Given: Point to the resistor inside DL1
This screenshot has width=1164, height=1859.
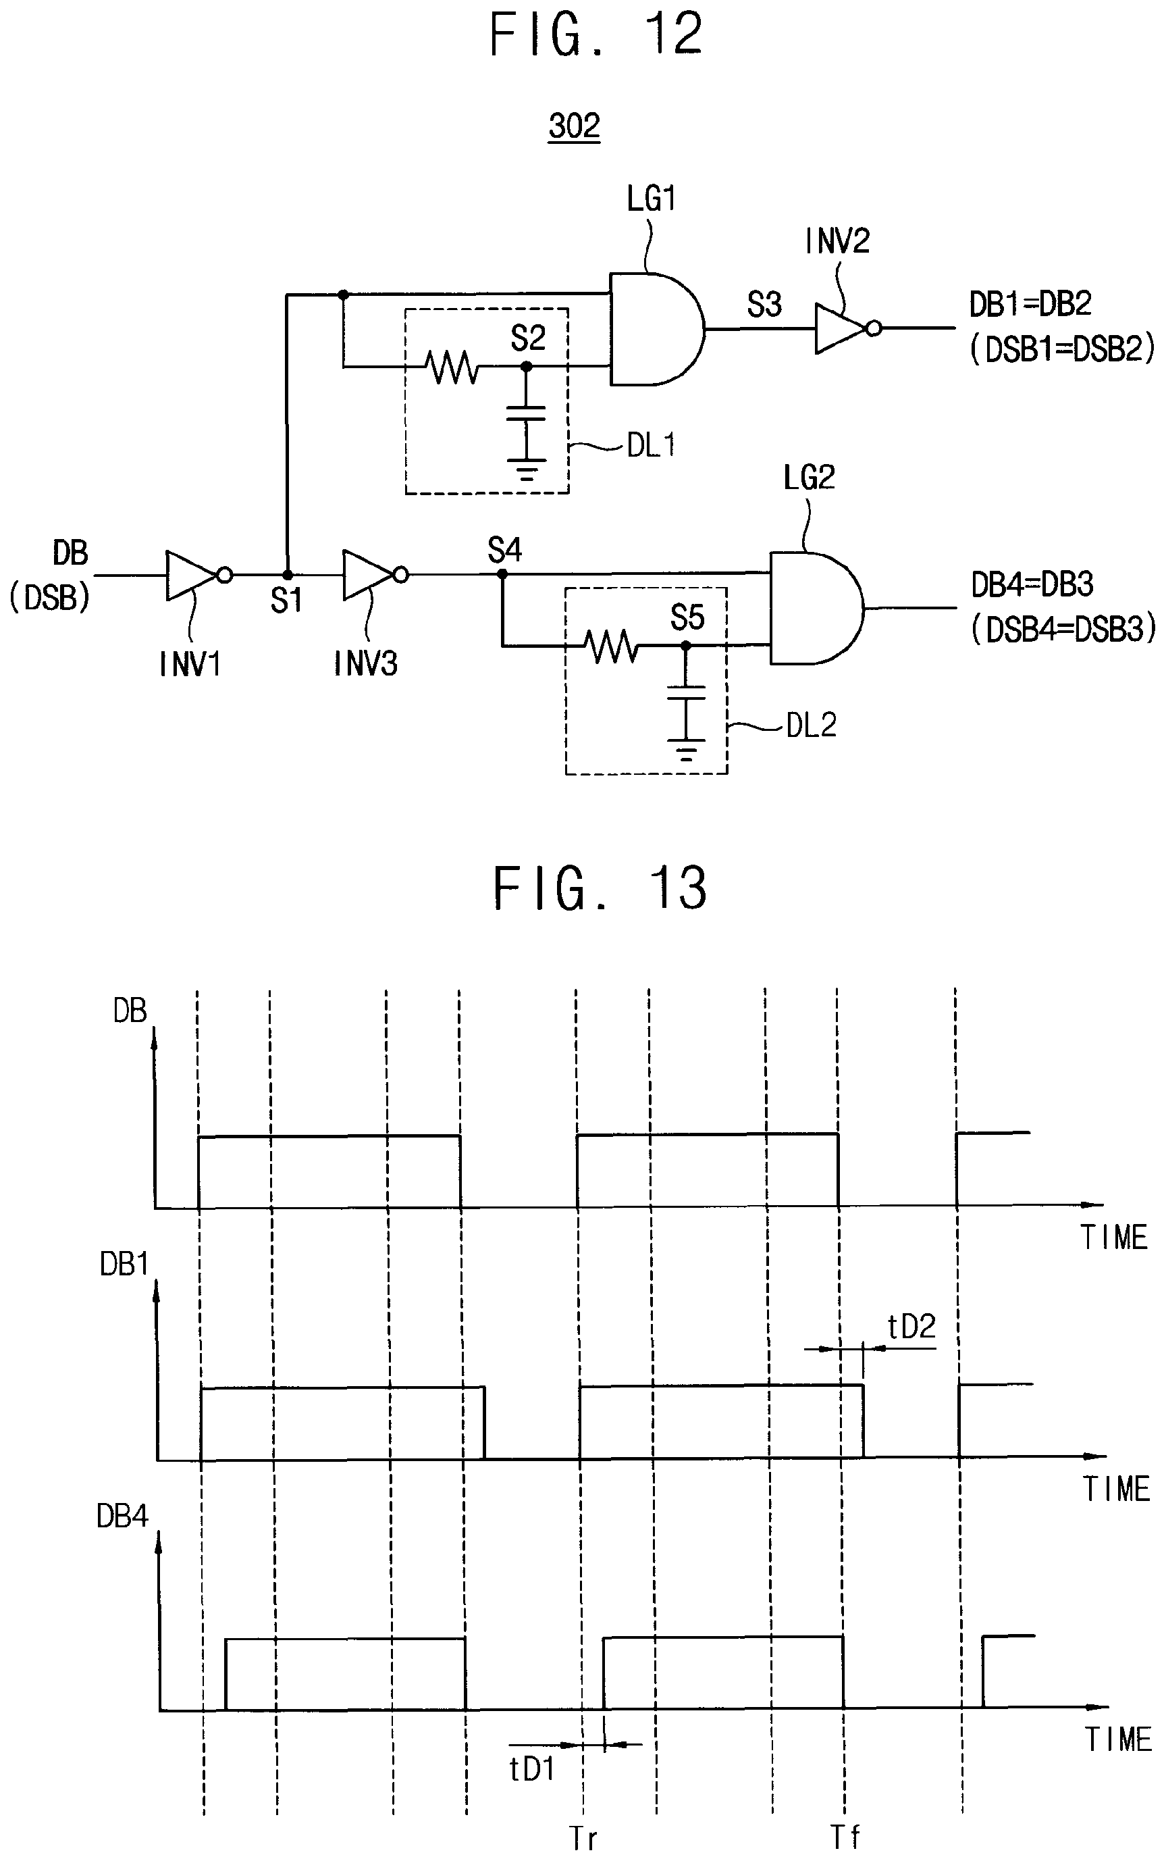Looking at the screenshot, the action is coord(452,367).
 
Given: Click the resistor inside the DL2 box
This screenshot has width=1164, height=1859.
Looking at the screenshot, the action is coord(611,645).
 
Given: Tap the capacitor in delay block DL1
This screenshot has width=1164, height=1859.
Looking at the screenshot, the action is coord(527,413).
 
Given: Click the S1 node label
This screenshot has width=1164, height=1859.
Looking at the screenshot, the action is coord(286,601).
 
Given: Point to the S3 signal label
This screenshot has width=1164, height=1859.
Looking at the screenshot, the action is coord(764,305).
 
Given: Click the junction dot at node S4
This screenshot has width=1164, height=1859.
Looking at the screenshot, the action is coord(502,574).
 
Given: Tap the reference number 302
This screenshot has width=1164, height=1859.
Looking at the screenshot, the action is coord(575,125).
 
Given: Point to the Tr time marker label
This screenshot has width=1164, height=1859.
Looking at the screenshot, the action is coord(583,1838).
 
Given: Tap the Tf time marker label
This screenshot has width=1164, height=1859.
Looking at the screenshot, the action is coord(845,1837).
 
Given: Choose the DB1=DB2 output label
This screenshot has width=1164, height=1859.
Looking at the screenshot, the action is coord(1030,304).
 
